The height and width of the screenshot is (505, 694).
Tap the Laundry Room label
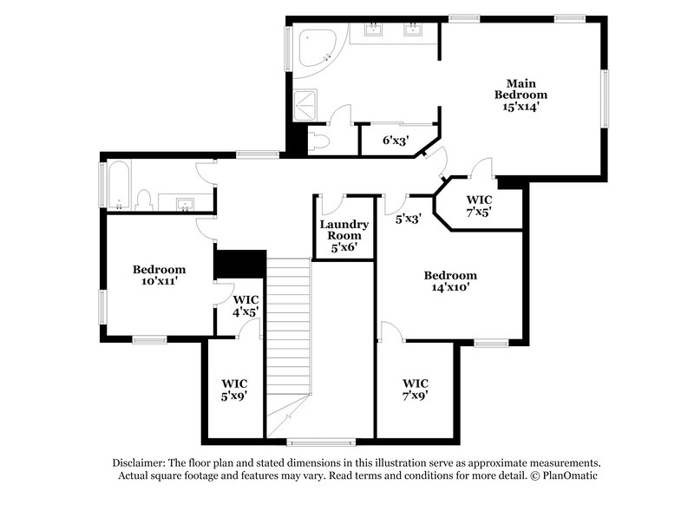click(344, 229)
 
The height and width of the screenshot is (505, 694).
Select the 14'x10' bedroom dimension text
click(450, 287)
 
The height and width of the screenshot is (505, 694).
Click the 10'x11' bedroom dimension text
click(159, 281)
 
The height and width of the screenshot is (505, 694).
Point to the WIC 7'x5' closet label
click(479, 206)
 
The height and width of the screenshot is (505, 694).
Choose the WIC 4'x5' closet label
click(246, 305)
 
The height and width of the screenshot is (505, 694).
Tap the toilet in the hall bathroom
click(146, 200)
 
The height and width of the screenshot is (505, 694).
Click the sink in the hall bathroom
click(185, 205)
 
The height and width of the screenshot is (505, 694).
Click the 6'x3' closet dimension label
click(396, 140)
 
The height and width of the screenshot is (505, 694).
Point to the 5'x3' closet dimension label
click(409, 220)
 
